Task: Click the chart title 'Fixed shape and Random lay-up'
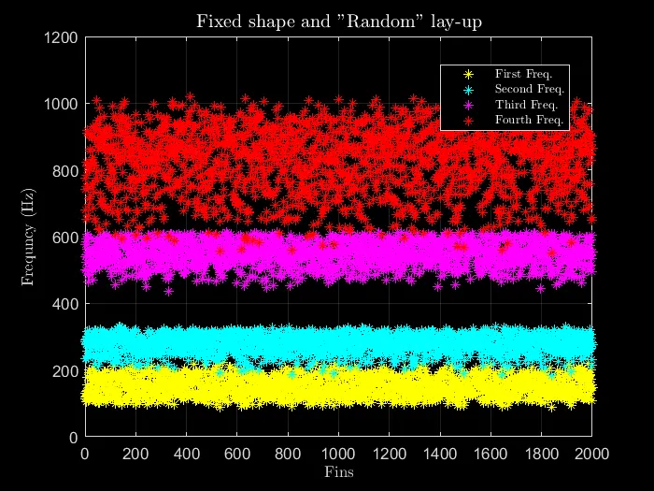tap(339, 21)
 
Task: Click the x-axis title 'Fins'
tap(339, 471)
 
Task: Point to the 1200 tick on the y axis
tap(64, 37)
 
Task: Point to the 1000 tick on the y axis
tap(64, 104)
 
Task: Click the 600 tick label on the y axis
tap(68, 238)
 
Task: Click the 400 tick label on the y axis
tap(68, 304)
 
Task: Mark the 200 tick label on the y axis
tap(68, 371)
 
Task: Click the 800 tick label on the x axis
tap(288, 454)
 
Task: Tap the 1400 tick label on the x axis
tap(440, 454)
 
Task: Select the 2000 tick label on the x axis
tap(592, 454)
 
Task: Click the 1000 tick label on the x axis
tap(339, 454)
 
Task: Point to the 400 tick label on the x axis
tap(186, 454)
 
